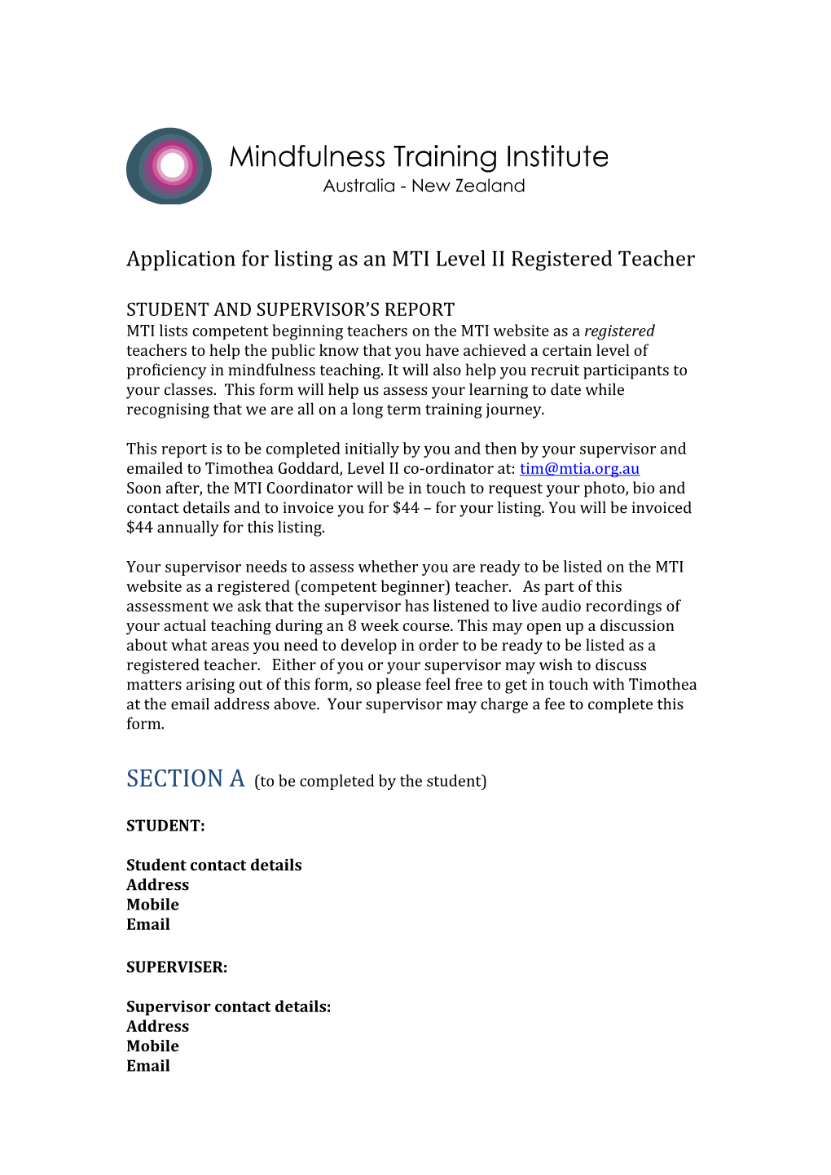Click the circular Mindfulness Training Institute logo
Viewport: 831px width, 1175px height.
(169, 166)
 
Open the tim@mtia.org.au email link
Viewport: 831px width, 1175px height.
(579, 469)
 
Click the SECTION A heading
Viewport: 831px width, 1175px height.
(185, 779)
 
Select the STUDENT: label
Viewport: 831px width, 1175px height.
(165, 826)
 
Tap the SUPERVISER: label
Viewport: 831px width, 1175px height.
(177, 967)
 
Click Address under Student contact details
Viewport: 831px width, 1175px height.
(157, 885)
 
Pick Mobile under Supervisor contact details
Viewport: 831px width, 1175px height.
(152, 1046)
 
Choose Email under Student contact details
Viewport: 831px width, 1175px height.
(148, 924)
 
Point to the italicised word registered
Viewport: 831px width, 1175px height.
(619, 331)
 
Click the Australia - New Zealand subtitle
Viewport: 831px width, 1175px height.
(424, 186)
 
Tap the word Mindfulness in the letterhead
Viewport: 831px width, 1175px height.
(307, 157)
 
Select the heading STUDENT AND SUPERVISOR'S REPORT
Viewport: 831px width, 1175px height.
(290, 310)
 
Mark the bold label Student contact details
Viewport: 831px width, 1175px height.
(213, 866)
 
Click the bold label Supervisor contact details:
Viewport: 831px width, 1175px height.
(228, 1007)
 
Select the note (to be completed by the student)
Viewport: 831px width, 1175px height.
(370, 782)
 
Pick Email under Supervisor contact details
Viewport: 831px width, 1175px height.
(148, 1066)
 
